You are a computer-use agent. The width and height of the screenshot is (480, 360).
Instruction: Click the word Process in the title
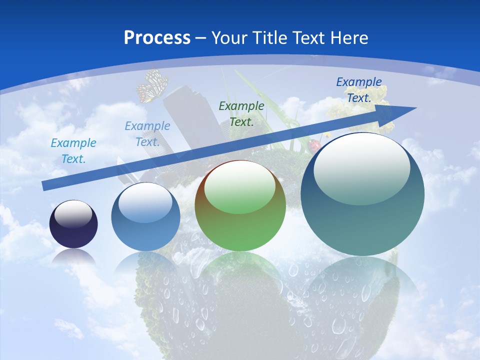157,37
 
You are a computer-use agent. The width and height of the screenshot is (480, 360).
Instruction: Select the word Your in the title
228,37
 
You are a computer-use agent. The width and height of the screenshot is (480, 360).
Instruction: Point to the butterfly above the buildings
152,86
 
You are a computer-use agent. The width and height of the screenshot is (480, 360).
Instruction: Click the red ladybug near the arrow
314,146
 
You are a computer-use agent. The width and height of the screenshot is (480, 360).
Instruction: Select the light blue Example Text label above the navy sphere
73,150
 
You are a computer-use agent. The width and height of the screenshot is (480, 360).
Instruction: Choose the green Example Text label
241,113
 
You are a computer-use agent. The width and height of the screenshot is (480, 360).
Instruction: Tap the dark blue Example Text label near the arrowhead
359,89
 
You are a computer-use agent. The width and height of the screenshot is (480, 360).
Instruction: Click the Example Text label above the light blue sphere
147,133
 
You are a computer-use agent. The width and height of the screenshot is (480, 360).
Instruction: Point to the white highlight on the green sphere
240,187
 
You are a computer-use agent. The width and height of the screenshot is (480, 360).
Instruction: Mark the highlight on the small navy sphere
73,214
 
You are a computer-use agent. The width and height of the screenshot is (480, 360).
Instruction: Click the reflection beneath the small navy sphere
73,257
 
